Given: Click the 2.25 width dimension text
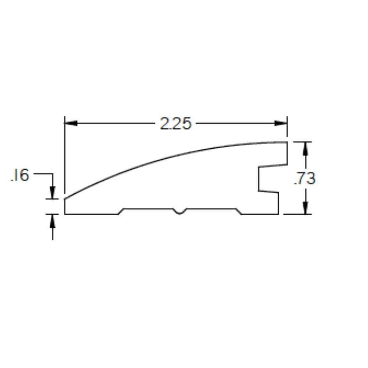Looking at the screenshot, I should click(x=176, y=124).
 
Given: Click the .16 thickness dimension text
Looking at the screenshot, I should click(x=20, y=176).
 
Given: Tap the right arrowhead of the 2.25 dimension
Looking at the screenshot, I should click(x=281, y=123).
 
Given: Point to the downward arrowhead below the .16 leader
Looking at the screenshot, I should click(x=53, y=193).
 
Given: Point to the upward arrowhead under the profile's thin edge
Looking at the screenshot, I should click(x=53, y=220).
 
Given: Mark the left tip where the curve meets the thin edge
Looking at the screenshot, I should click(x=65, y=199).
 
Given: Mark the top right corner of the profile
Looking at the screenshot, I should click(x=287, y=142).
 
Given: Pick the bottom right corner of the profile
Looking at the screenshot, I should click(x=278, y=214).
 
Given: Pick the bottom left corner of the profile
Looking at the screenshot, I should click(x=65, y=214).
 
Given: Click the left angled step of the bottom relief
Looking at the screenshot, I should click(x=121, y=211).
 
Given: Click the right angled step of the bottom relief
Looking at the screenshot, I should click(x=239, y=211).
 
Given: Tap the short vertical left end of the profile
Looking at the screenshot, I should click(x=65, y=206).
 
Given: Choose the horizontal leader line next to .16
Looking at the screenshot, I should click(x=43, y=173).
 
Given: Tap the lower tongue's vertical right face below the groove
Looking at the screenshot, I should click(x=278, y=203).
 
